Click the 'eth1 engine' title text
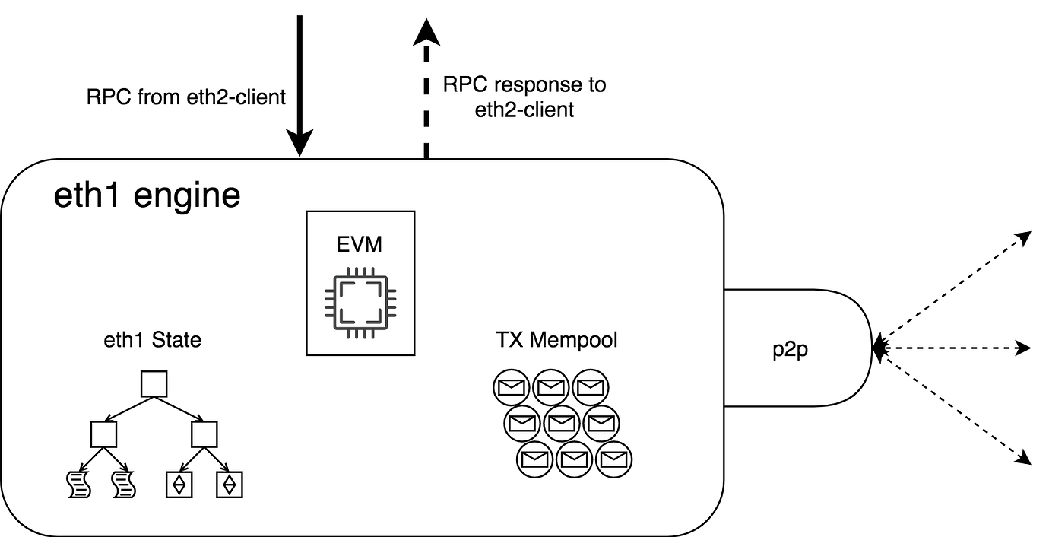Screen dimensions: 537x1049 (147, 195)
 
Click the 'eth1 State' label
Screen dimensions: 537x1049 (153, 339)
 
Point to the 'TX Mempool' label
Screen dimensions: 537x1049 (556, 339)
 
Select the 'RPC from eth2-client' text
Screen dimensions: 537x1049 (186, 97)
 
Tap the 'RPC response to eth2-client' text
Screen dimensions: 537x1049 (524, 97)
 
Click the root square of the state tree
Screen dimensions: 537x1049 (154, 384)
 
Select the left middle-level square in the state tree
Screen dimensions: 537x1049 (103, 434)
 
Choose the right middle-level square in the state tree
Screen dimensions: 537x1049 (204, 434)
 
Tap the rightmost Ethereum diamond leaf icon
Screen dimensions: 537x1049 (230, 484)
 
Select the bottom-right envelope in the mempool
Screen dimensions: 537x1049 (613, 459)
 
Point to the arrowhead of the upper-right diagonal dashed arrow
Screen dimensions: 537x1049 (1025, 237)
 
